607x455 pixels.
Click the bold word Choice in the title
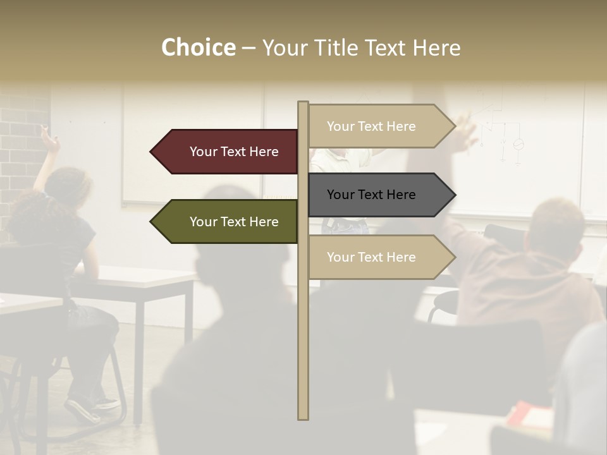[198, 47]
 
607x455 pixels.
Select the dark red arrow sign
[228, 152]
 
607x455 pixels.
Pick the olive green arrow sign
[228, 222]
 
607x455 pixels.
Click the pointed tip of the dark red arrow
[152, 152]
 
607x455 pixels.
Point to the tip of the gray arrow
[454, 195]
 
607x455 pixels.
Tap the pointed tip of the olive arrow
[152, 222]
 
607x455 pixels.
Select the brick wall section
[22, 145]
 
